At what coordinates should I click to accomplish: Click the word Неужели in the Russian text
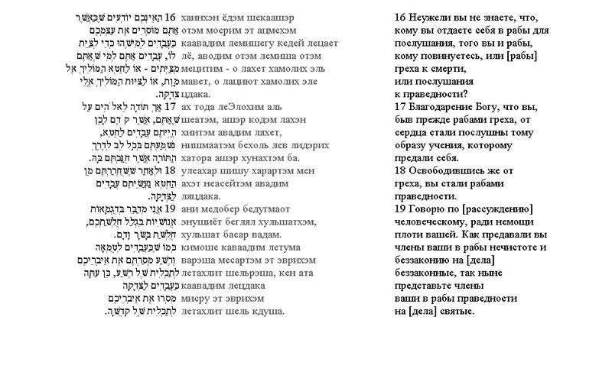pyautogui.click(x=435, y=18)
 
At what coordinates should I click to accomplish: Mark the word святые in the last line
pyautogui.click(x=454, y=312)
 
